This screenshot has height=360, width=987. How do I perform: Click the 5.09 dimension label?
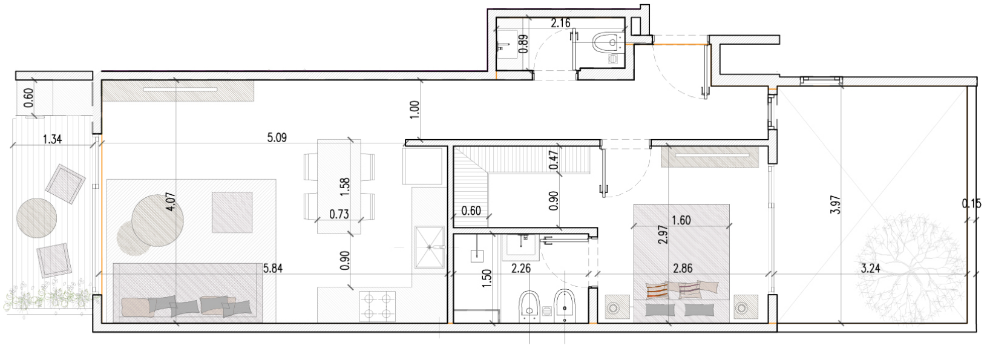coord(277,137)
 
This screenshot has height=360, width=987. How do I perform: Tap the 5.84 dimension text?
coord(273,268)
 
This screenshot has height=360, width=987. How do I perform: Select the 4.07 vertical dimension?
coord(171,202)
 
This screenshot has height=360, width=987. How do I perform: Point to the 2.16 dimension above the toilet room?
coord(560,23)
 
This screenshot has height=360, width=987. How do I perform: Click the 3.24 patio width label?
coord(871,268)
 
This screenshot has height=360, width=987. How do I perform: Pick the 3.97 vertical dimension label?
coord(836,205)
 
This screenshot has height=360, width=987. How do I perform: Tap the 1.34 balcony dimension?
coord(52,140)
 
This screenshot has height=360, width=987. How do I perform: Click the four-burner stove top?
coord(378,306)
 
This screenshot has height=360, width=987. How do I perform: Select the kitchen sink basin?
coord(429,247)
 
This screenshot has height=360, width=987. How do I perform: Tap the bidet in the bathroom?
coord(563,304)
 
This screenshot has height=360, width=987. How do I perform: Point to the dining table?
coord(339,186)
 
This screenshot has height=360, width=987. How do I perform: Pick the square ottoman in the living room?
coord(232,212)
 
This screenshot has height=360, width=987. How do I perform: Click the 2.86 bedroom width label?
coord(683,268)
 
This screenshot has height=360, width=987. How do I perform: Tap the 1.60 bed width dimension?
coord(681,220)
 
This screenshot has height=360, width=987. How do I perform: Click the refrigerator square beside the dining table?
coord(422,166)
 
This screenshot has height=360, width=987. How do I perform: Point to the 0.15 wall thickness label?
coord(972,203)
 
